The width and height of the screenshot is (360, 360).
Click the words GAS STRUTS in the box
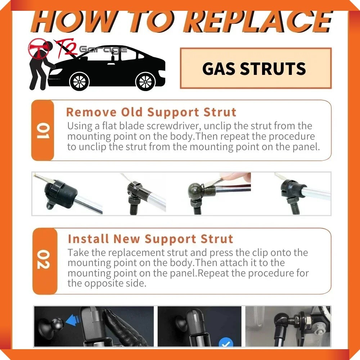[x=254, y=69]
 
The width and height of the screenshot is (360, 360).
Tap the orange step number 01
[x=43, y=131]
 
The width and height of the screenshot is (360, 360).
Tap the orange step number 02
[x=44, y=259]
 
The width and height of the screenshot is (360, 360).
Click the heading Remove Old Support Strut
[x=151, y=112]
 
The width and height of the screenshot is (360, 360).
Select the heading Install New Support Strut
[x=150, y=239]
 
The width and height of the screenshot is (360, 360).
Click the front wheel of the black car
[x=79, y=82]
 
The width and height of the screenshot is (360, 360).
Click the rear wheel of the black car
[x=145, y=82]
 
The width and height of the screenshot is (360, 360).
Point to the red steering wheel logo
[x=39, y=48]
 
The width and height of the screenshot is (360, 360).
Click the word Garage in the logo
[x=103, y=50]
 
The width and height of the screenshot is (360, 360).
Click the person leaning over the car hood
[x=41, y=67]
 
